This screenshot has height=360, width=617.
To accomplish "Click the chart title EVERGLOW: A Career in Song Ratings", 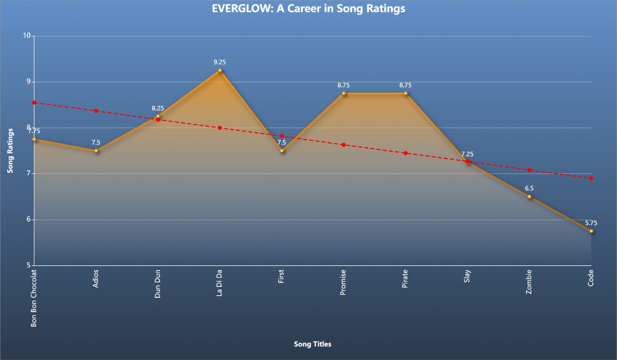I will pos(308,9).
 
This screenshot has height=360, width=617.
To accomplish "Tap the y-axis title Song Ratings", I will pos(10,151).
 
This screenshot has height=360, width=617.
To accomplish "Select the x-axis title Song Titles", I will pos(313,344).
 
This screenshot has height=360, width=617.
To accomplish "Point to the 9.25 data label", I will pos(220,62).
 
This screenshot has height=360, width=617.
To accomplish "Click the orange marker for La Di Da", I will pos(220,70).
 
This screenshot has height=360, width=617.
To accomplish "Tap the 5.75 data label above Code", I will pos(591,223).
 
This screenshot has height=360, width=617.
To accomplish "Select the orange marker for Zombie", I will pos(529,196).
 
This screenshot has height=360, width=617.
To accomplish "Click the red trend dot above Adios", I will pos(96,111).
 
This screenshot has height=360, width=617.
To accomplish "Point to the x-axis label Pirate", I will pos(406,279).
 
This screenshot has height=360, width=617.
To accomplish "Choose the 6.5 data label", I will pos(529,188).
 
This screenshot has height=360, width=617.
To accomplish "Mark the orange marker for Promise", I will pos(343,94).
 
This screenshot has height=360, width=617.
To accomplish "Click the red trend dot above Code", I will pos(591,178).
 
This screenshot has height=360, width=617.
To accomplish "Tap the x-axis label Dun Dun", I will pos(158,283).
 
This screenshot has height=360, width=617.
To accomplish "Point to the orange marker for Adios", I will pos(96,151).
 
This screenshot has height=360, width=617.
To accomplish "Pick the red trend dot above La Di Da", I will pos(220,128).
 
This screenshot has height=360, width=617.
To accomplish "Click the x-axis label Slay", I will pos(467,276).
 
